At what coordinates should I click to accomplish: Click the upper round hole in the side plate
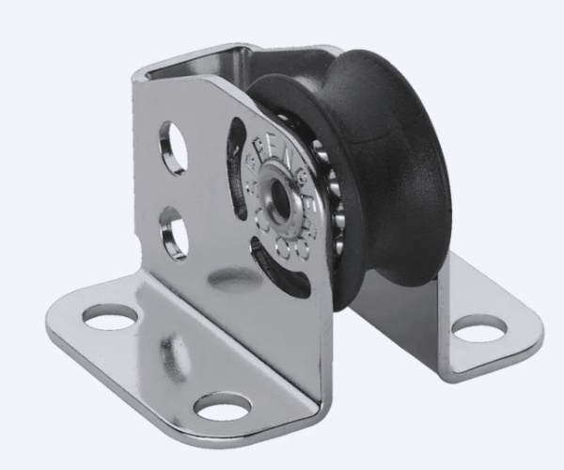(x=174, y=148)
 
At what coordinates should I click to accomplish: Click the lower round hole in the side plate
(x=175, y=231)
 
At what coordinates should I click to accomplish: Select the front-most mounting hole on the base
(x=223, y=407)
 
